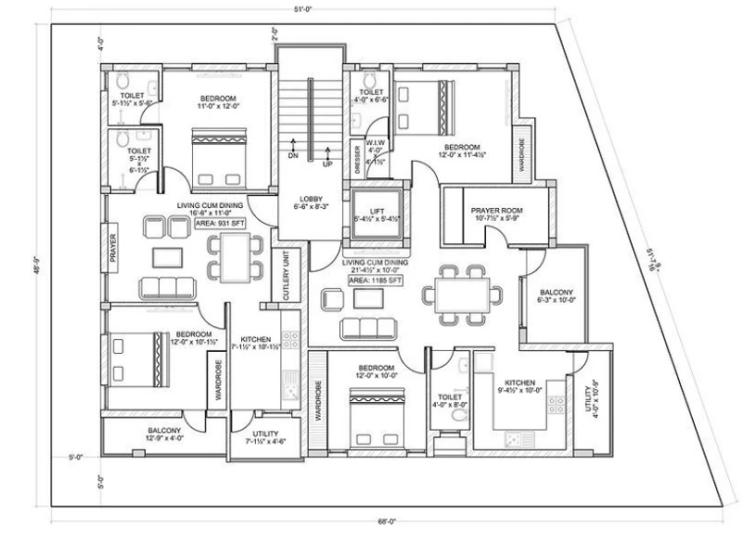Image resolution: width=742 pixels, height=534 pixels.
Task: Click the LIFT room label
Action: point(375,212)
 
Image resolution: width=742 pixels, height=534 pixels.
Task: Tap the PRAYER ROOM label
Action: point(497,211)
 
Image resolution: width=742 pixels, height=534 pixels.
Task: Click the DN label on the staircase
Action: point(293,156)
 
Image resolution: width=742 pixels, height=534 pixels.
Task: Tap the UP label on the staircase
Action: point(326,164)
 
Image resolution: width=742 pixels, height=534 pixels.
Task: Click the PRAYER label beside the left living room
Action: point(113,249)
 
